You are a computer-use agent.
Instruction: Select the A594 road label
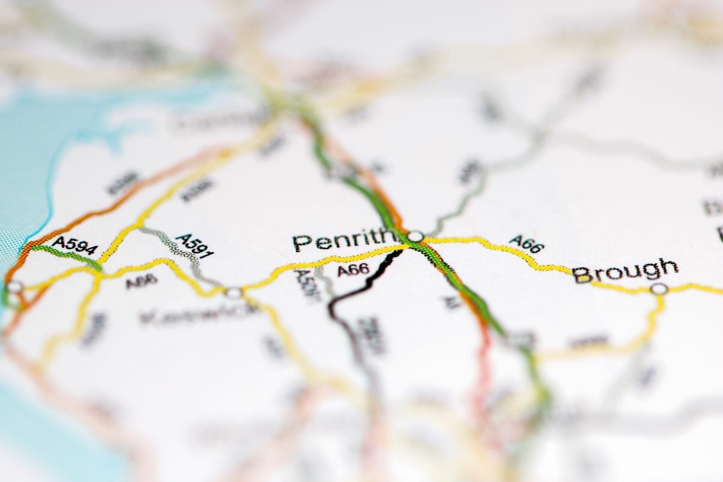[x=74, y=245]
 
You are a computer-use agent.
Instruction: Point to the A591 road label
[x=194, y=246]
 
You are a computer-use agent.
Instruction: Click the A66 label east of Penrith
[x=526, y=244]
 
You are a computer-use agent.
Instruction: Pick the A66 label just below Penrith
[x=353, y=270]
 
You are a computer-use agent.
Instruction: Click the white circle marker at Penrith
[x=416, y=236]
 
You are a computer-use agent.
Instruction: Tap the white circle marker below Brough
[x=659, y=289]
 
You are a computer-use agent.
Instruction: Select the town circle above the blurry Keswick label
[x=234, y=292]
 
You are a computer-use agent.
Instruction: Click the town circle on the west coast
[x=14, y=287]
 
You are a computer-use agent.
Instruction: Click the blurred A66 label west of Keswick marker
[x=142, y=280]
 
